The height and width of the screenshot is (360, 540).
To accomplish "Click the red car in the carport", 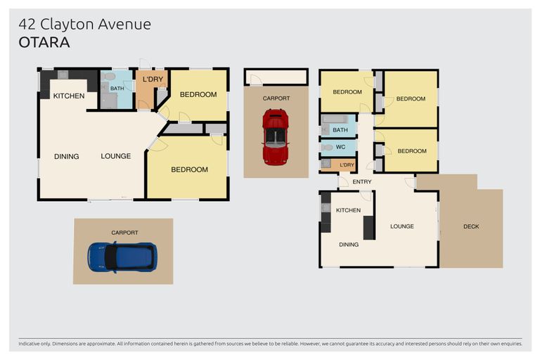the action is coord(276,137).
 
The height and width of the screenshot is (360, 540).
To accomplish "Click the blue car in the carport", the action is coord(122,257).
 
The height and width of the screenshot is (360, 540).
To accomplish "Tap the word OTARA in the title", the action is coord(44,42).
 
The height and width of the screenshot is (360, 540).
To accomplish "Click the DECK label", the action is coord(471,226).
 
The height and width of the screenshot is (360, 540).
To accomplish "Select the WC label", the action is coord(340,147).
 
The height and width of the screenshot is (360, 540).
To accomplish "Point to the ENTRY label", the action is coord(362,181).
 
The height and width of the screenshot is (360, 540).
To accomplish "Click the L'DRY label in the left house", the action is coord(153,79).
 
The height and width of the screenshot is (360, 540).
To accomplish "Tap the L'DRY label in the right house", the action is coord(347,165).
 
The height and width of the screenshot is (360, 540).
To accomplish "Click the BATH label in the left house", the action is coord(117,89).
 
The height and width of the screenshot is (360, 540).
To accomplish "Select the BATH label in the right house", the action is coord(340,130).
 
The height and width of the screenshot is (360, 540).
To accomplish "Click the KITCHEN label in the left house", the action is coord(69,96).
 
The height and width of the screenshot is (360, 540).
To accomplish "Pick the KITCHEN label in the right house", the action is coord(348,210).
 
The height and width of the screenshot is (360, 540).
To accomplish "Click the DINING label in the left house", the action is coord(67,156).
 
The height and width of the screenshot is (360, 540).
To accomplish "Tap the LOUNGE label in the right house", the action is coord(402,226).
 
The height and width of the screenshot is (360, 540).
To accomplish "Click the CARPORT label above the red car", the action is coord(276,98).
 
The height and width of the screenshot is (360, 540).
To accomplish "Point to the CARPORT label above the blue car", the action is coord(124,233).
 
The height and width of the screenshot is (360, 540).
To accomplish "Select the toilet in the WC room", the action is coord(327,148).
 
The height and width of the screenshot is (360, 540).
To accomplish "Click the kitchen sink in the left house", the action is coord(63,75).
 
